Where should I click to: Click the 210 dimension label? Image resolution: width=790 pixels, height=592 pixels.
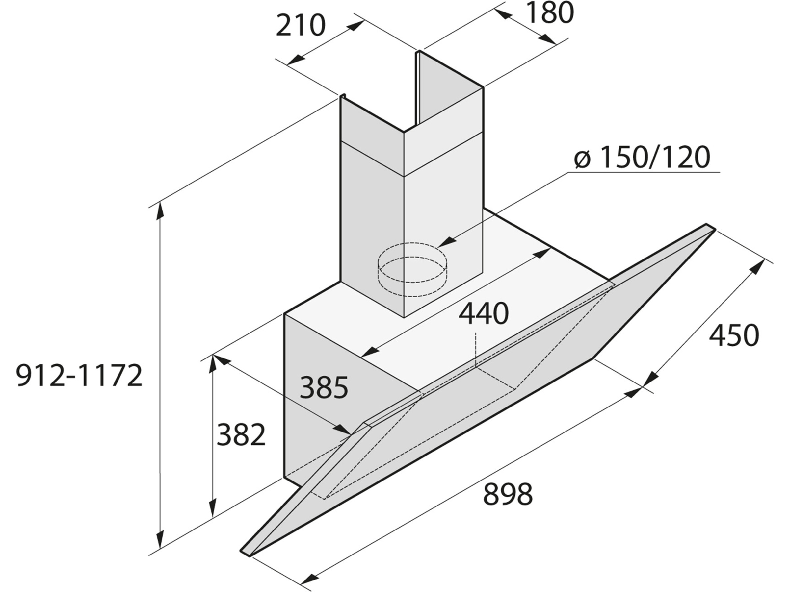[x=301, y=26]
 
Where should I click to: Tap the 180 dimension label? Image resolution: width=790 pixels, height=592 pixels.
[x=550, y=12]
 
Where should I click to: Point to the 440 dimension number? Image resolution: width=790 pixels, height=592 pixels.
[x=484, y=314]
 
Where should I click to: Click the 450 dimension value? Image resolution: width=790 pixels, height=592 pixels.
[x=734, y=335]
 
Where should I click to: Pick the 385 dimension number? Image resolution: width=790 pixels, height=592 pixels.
[x=324, y=387]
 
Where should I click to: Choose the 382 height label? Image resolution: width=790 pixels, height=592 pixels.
[x=241, y=435]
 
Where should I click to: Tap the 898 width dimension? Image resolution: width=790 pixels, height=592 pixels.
[x=508, y=494]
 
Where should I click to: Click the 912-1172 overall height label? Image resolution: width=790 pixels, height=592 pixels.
[x=79, y=376]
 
